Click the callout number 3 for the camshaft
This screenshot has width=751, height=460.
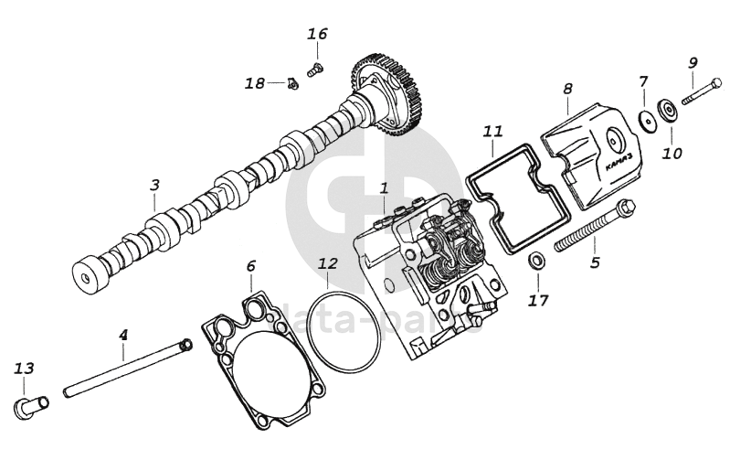[x=154, y=185]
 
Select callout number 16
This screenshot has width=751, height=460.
[x=317, y=35]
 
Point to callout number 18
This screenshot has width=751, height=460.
[x=254, y=83]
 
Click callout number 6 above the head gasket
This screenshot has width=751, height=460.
[x=250, y=266]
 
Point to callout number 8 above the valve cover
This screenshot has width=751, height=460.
[x=567, y=89]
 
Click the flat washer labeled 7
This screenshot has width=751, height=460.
[x=649, y=118]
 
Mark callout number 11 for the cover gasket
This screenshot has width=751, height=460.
[x=493, y=132]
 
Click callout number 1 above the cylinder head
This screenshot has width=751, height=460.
[x=385, y=188]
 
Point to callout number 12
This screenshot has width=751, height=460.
[x=328, y=263]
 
